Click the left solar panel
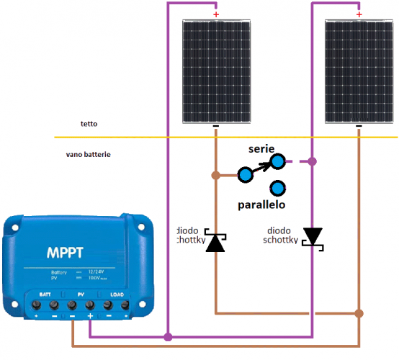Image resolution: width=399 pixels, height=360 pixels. click(x=215, y=71)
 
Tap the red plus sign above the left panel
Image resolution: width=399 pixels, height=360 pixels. click(x=215, y=14)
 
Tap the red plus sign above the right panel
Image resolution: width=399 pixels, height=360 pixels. click(x=358, y=14)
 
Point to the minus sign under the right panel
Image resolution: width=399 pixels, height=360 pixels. click(x=359, y=128)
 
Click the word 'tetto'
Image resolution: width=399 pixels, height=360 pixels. click(x=89, y=124)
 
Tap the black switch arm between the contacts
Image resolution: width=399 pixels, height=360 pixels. click(x=264, y=167)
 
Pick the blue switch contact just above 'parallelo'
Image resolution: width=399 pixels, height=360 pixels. click(x=276, y=189)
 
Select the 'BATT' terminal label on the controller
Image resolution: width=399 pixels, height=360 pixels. click(x=45, y=294)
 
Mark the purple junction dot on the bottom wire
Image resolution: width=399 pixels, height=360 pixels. click(x=168, y=336)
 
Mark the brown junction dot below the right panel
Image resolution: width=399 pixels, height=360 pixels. click(x=359, y=314)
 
